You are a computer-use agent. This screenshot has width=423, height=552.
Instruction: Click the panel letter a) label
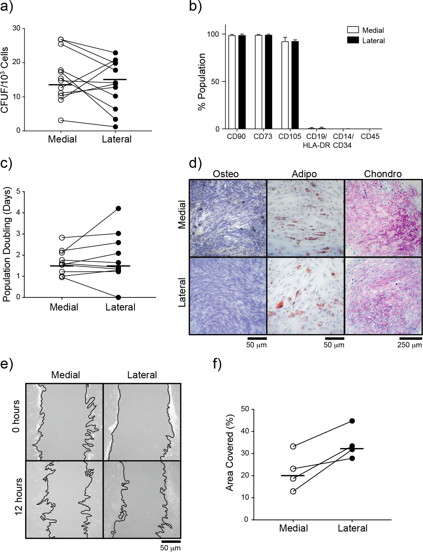7,7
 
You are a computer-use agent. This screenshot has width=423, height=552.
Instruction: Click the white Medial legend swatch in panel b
353,30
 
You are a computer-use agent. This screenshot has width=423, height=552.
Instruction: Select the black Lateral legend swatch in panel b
353,40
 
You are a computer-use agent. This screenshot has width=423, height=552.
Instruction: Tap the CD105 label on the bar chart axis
290,136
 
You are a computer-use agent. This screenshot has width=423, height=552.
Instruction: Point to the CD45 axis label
370,136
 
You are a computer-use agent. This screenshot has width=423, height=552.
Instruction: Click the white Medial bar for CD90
232,82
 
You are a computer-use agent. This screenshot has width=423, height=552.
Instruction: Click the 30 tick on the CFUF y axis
16,28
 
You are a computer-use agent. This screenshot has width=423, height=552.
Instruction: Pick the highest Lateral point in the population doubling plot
118,208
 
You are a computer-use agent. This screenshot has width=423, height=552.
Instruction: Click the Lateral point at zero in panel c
118,297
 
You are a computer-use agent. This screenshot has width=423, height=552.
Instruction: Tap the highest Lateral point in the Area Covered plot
352,421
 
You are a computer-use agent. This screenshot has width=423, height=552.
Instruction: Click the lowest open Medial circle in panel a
61,120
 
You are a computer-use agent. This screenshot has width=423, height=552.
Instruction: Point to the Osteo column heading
226,174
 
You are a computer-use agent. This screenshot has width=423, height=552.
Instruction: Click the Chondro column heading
383,174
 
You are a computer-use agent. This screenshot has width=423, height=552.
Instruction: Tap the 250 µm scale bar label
409,345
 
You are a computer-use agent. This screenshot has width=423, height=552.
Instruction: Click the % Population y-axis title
202,82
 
